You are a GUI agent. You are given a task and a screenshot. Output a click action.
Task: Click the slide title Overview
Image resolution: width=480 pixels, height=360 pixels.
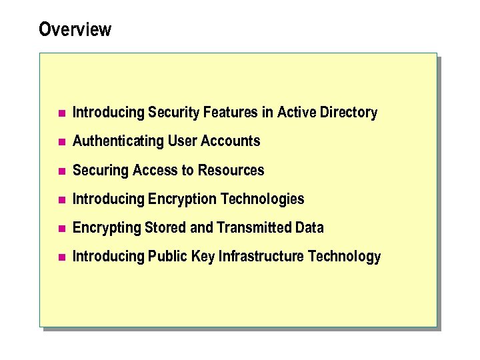tap(75, 30)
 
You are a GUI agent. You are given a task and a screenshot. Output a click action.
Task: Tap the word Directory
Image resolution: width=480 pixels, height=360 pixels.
tap(349, 113)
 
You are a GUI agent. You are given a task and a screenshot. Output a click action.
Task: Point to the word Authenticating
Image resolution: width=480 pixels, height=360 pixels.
tap(118, 141)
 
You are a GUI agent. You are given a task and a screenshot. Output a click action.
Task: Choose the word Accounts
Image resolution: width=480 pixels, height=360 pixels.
tap(232, 141)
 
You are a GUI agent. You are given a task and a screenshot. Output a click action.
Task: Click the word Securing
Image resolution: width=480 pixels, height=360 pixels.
tap(101, 171)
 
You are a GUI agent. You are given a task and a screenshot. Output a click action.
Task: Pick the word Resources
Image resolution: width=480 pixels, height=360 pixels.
tap(231, 171)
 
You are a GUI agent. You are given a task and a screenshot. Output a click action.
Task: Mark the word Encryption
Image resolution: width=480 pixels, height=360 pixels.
tap(182, 199)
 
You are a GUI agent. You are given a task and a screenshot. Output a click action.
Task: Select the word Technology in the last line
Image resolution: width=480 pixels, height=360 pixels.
tap(347, 257)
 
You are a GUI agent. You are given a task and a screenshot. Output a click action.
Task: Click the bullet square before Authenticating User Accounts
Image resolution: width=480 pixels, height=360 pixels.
tap(61, 142)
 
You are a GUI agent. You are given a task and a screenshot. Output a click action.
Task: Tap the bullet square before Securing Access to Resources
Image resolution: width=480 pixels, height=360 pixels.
tap(61, 171)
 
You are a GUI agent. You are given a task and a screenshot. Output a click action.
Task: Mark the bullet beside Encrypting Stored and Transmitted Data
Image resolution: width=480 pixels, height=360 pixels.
tap(61, 229)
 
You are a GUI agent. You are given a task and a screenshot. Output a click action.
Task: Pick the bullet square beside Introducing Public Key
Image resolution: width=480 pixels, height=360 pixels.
tap(61, 257)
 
